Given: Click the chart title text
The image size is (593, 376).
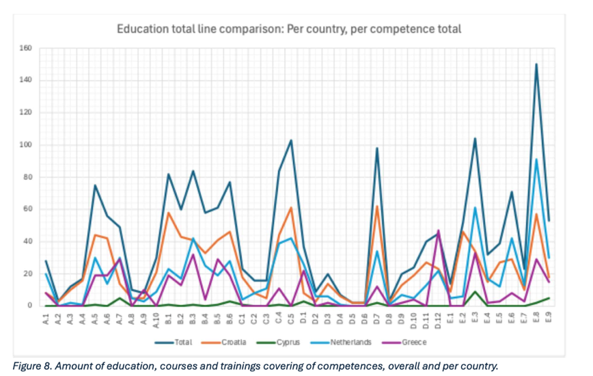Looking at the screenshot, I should (x=288, y=29).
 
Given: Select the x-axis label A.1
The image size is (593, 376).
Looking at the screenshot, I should (x=46, y=318).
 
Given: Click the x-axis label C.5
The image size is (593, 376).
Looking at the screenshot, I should (x=291, y=318).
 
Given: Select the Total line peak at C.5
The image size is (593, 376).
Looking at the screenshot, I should (x=291, y=140).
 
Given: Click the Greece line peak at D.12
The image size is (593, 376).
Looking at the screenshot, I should (x=438, y=230).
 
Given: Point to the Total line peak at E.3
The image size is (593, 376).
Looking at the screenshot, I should (x=475, y=139).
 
